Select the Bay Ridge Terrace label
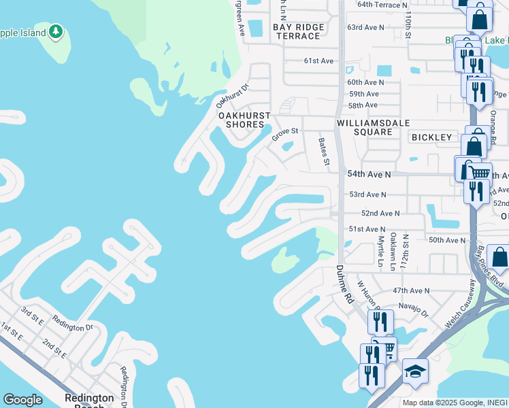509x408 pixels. pos(301,31)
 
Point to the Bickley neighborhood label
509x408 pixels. pos(431,137)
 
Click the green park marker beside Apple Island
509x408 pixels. pos(56,31)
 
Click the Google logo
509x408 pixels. pos(23,400)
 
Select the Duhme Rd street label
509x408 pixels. pos(346,286)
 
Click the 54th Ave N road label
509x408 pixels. pos(370,175)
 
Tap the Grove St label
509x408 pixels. pos(286,134)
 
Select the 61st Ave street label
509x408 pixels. pos(318,61)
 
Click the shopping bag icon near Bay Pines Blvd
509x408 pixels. pos(498,257)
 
